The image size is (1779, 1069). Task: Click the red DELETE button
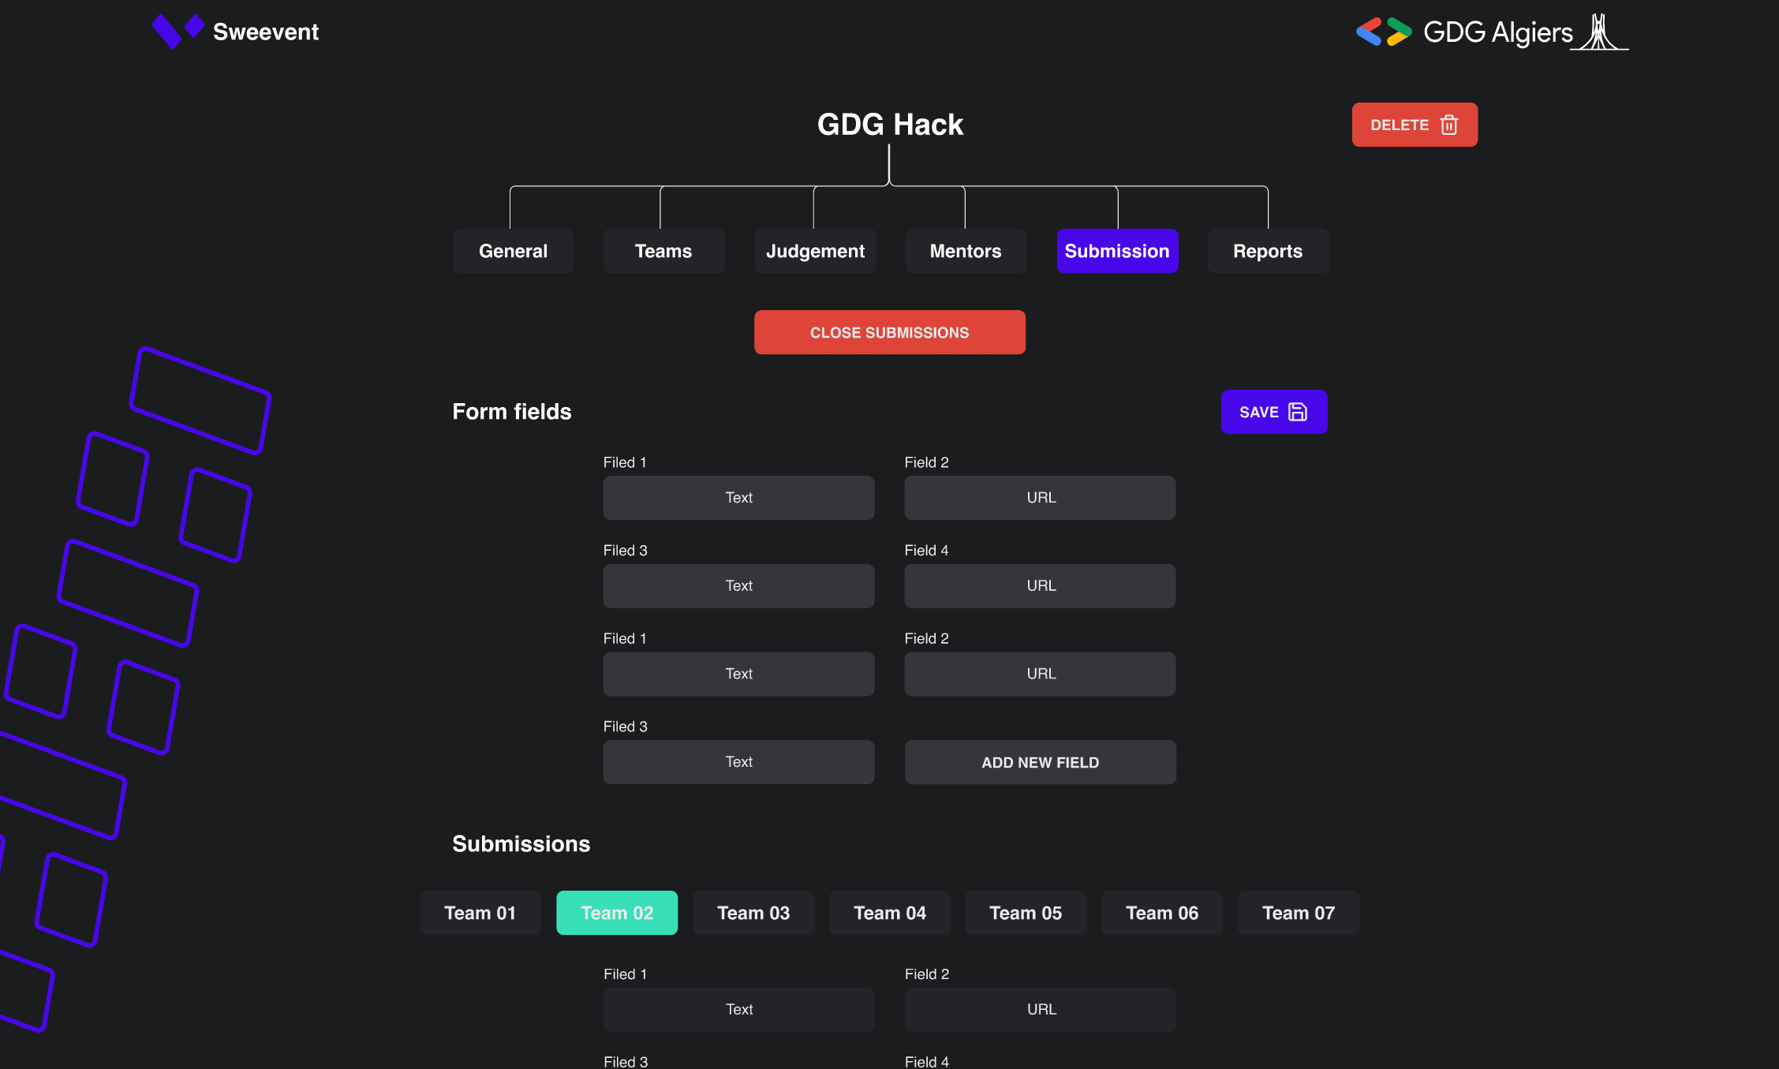coord(1413,125)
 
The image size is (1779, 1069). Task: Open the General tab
coord(513,251)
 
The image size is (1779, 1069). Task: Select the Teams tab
coord(663,251)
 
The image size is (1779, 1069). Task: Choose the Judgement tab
coord(815,251)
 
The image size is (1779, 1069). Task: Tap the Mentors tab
coord(966,251)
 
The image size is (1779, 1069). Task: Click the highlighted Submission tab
coord(1117,251)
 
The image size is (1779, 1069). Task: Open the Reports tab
coord(1268,251)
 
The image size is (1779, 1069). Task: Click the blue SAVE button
coord(1273,412)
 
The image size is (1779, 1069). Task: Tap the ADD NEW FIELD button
coord(1040,762)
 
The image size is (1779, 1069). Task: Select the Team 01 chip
coord(480,913)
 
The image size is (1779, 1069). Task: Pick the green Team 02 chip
coord(617,913)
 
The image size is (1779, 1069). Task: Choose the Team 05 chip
coord(1026,913)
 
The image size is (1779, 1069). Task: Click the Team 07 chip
coord(1299,913)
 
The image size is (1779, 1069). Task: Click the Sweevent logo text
coord(266,32)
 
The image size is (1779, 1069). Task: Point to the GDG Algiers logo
coord(1491,32)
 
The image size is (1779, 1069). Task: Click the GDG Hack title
coord(890,125)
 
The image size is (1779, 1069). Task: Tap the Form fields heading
coord(512,412)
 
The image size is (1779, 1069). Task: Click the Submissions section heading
coord(521,844)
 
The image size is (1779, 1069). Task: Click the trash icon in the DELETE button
coord(1449,125)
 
